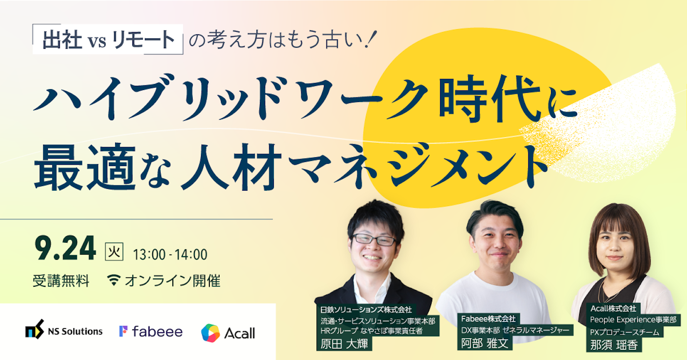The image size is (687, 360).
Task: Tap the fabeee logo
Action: (151, 331)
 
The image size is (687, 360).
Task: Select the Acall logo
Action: (228, 333)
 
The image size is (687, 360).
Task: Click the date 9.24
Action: (65, 248)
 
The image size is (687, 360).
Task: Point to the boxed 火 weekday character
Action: (114, 251)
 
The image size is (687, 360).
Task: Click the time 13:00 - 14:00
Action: (170, 255)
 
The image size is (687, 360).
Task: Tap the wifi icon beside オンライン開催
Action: (114, 280)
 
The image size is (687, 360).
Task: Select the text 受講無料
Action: (61, 281)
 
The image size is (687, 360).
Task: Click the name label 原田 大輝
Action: (344, 344)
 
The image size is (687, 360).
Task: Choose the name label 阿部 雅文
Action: (485, 343)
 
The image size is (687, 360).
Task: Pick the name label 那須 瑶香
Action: (614, 345)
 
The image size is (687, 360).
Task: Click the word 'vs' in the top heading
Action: (97, 41)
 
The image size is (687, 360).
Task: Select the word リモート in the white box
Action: (143, 39)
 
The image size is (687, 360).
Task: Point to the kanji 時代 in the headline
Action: (490, 99)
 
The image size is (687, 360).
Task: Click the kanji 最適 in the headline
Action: (85, 167)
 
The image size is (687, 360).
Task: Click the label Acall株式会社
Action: (613, 308)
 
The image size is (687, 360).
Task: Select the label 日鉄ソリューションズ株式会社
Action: (366, 310)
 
